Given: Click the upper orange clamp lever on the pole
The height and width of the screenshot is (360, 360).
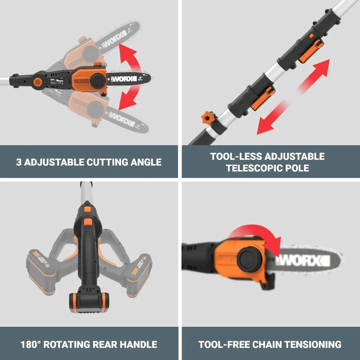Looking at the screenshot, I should pyautogui.click(x=307, y=51).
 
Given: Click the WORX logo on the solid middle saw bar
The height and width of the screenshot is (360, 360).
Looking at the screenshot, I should pyautogui.click(x=122, y=79).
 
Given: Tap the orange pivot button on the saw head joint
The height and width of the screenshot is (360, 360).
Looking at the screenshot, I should pyautogui.click(x=38, y=81).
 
